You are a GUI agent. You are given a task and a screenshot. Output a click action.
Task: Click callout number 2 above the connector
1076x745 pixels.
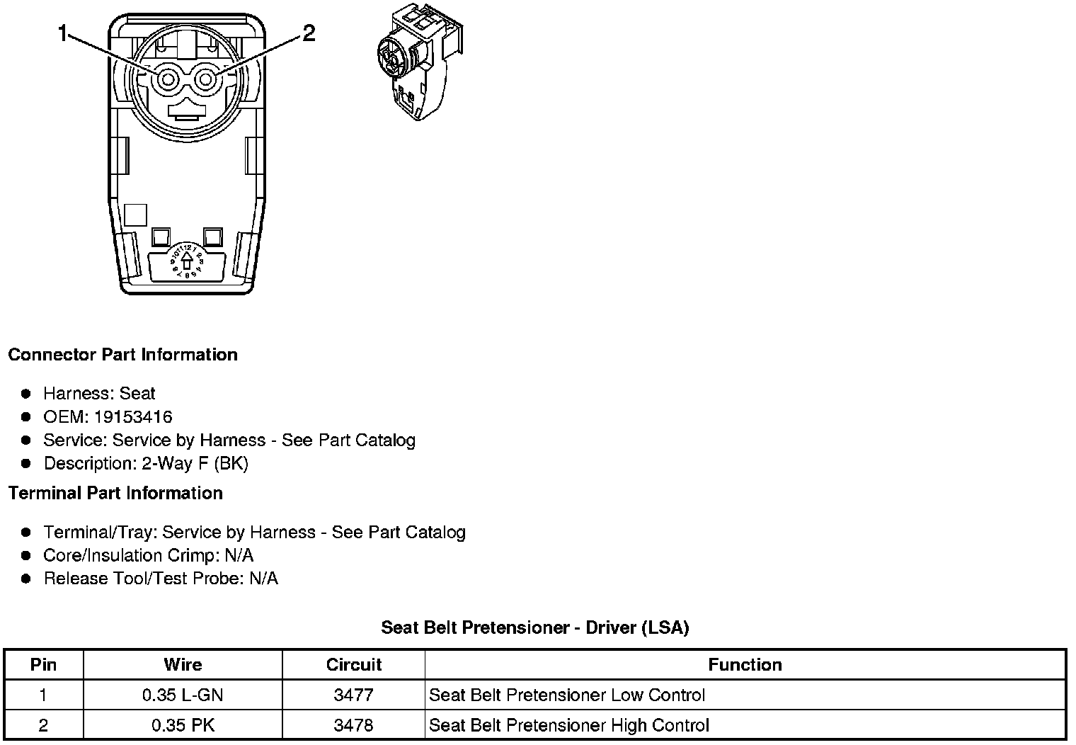click(x=308, y=33)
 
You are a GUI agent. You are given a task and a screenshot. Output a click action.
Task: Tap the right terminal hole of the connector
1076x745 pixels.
click(x=205, y=79)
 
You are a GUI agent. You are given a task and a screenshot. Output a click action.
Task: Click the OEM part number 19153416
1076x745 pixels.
click(x=132, y=416)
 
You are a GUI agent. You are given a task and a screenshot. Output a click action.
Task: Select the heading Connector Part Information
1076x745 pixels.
click(x=122, y=354)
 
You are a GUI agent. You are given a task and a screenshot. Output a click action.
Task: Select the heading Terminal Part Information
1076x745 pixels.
click(x=115, y=493)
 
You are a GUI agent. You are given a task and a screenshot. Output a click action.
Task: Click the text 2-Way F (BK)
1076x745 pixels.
click(x=195, y=463)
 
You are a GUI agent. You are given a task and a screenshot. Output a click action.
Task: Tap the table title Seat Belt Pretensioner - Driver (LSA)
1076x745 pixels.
click(x=534, y=627)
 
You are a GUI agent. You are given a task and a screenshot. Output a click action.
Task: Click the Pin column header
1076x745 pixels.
click(x=43, y=665)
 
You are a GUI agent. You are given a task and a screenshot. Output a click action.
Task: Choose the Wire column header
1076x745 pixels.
click(x=183, y=665)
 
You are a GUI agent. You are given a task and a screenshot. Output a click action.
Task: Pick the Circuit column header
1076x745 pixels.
click(x=353, y=665)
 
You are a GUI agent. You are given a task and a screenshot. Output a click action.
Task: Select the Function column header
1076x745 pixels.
click(x=745, y=665)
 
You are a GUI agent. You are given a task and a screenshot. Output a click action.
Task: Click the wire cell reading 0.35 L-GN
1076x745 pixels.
click(x=183, y=695)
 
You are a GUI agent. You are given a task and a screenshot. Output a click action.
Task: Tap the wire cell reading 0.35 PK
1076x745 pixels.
click(x=183, y=725)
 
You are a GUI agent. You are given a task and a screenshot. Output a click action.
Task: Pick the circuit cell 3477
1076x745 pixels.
click(x=353, y=695)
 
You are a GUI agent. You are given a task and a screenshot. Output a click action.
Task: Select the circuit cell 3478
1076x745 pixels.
click(x=353, y=725)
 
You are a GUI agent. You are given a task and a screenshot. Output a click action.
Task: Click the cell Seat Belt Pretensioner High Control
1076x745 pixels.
click(x=569, y=725)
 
